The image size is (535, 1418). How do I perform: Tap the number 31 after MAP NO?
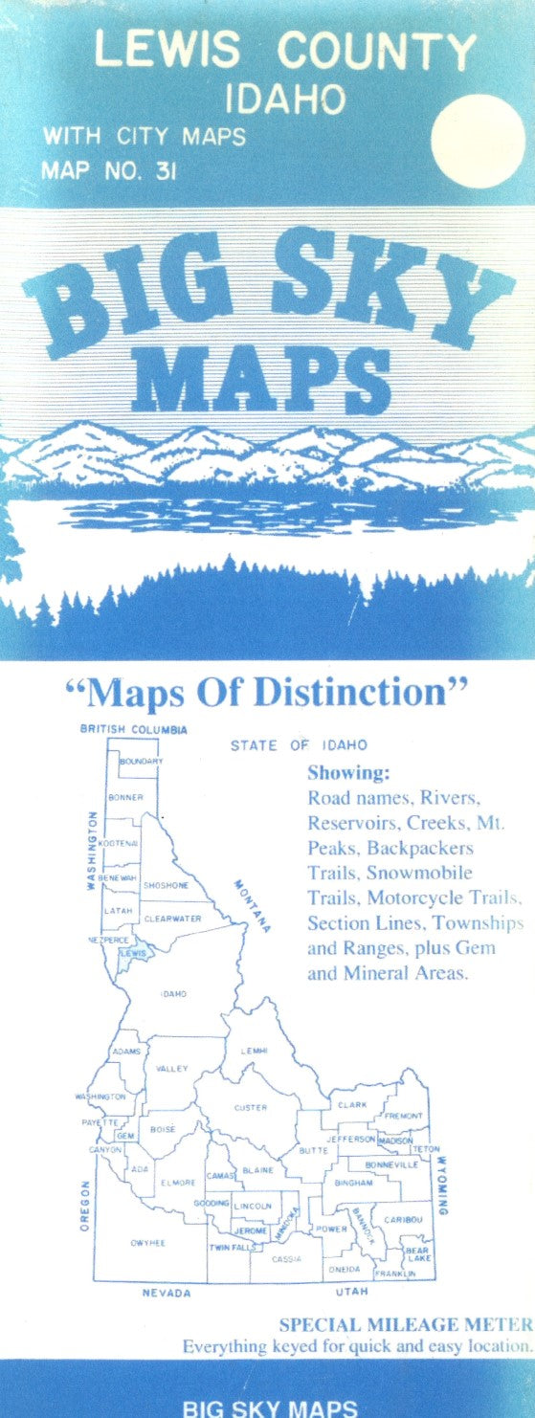click(x=184, y=170)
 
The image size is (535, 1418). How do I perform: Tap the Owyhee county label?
click(x=148, y=1242)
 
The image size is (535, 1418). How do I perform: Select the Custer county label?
click(x=250, y=1107)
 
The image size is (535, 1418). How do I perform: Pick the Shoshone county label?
click(x=166, y=885)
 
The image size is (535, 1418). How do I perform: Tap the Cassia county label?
click(x=286, y=1258)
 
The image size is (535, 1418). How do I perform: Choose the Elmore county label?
click(x=178, y=1183)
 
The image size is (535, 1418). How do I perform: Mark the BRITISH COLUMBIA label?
click(x=133, y=729)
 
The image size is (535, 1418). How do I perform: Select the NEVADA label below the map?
click(x=166, y=1293)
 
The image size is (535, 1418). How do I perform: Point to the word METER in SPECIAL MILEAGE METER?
click(x=499, y=1324)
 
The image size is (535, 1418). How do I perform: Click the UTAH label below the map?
click(x=352, y=1293)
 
